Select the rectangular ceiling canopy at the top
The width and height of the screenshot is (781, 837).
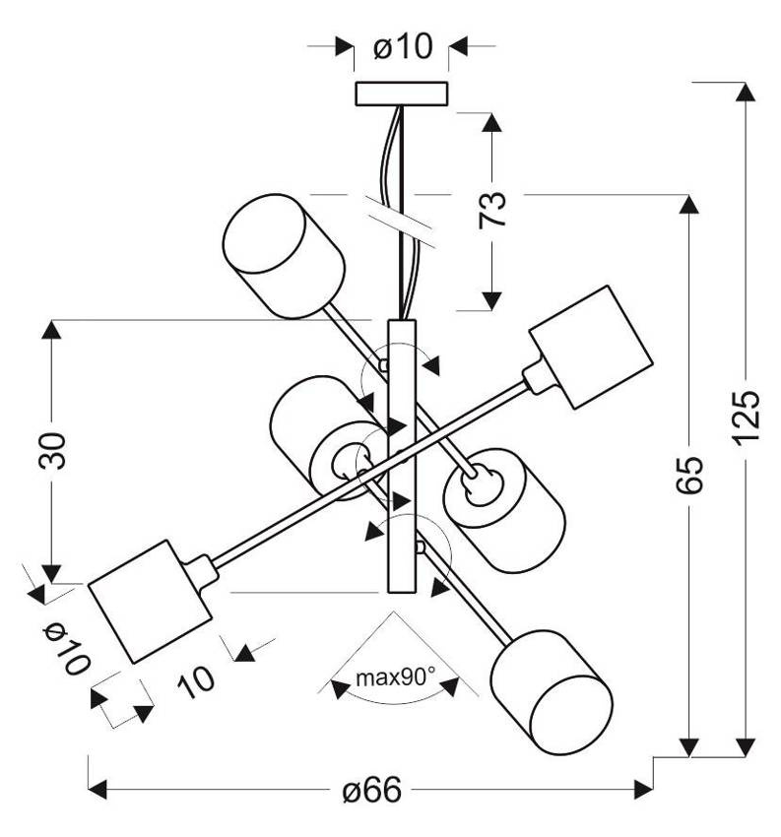401,94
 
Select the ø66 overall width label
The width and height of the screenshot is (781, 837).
373,790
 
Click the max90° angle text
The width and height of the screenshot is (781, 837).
395,677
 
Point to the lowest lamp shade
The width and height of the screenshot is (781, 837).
548,690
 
